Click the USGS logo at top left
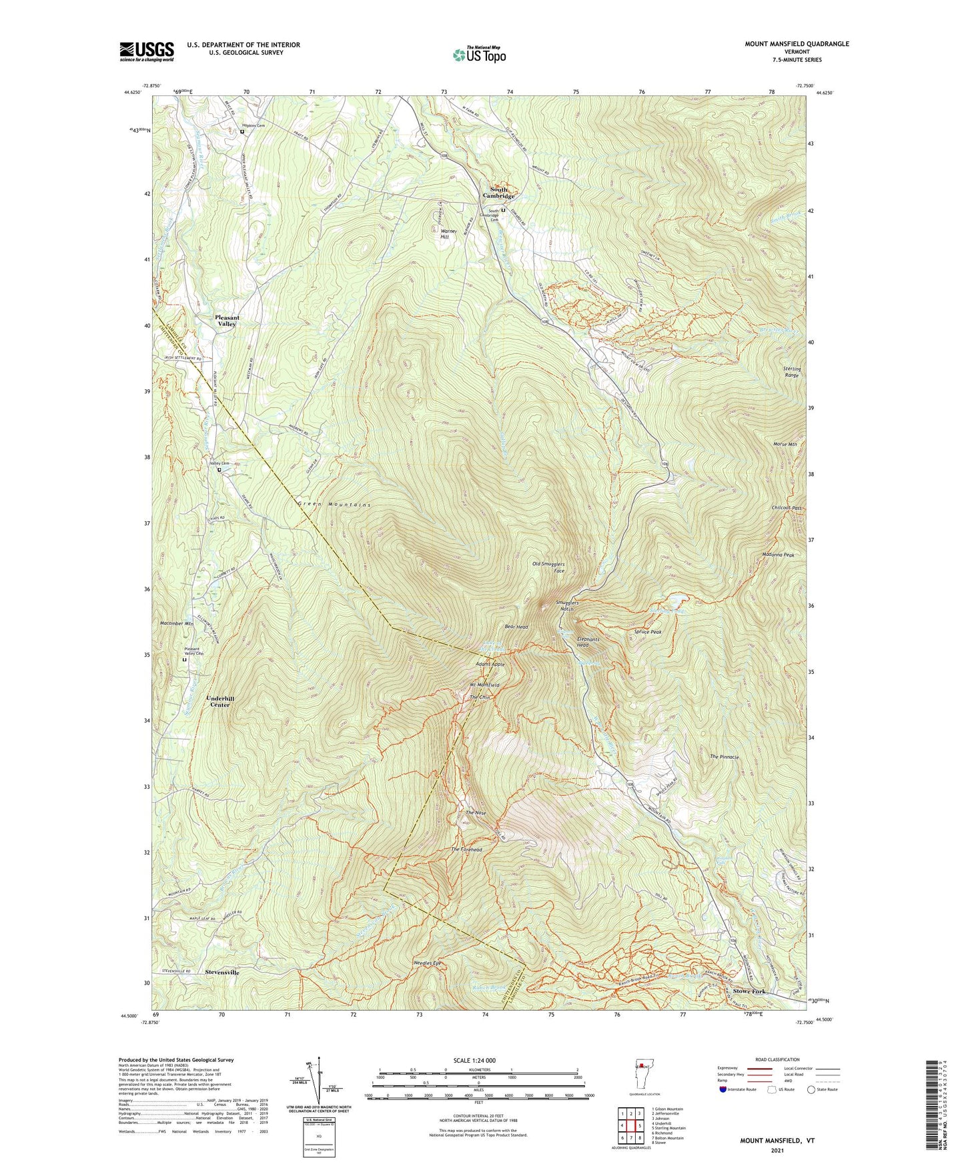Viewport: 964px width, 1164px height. click(147, 51)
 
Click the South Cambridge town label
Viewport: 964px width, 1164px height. click(502, 193)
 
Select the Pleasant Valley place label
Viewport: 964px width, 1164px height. click(227, 321)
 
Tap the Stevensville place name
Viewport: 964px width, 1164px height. click(222, 973)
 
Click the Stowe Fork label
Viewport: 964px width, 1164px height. click(749, 991)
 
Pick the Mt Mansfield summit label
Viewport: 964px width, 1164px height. click(484, 685)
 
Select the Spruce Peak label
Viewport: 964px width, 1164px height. click(647, 631)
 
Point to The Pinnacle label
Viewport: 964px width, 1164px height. click(724, 757)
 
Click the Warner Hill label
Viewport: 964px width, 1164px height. click(448, 234)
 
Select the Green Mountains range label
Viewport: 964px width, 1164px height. click(334, 505)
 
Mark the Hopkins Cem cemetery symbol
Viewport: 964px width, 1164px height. click(242, 131)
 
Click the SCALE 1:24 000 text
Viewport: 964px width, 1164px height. click(474, 1060)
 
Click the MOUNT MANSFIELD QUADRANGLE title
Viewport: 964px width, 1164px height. click(797, 44)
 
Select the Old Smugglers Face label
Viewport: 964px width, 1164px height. click(548, 567)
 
